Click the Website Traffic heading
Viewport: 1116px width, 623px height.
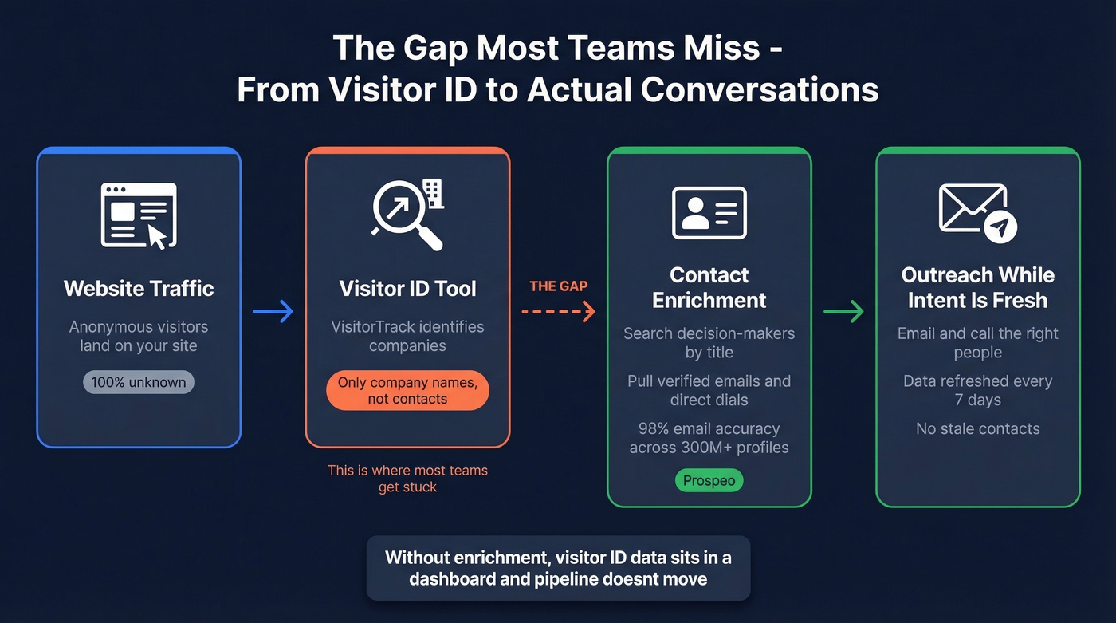139,288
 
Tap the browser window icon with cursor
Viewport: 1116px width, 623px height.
139,215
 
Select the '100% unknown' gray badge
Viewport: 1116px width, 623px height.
139,382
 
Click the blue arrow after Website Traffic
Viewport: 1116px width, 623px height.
273,311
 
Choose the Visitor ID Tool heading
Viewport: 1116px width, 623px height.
407,288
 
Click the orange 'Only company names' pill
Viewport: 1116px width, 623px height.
407,391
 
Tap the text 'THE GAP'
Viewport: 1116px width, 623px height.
558,286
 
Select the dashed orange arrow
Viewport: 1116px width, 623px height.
558,311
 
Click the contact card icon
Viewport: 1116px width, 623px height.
709,213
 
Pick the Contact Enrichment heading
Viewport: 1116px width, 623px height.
709,288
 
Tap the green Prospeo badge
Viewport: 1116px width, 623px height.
709,481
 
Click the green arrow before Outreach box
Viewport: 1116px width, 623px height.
843,311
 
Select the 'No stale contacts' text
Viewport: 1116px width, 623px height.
977,429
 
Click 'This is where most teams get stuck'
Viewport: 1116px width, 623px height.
407,479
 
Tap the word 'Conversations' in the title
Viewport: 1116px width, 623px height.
759,89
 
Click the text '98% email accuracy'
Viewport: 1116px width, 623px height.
709,429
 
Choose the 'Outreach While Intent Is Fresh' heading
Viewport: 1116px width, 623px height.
977,288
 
